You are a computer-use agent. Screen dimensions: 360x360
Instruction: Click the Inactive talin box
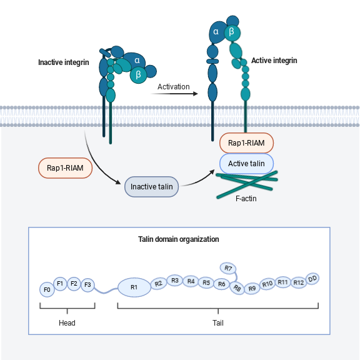click(152, 187)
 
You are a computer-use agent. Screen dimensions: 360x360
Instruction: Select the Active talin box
click(246, 164)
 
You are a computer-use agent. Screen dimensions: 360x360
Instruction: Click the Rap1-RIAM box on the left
click(66, 167)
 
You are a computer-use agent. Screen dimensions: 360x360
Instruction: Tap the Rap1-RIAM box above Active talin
click(246, 143)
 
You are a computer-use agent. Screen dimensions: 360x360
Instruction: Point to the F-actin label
click(246, 199)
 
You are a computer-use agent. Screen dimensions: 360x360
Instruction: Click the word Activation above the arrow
click(174, 86)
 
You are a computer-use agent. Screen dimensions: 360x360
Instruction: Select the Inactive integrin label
click(64, 62)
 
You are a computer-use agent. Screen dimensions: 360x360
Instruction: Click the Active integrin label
click(274, 61)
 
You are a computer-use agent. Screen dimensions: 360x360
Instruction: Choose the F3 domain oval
click(87, 285)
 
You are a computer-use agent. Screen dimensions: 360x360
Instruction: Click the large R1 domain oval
click(134, 287)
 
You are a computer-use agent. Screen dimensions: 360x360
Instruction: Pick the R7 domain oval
click(228, 269)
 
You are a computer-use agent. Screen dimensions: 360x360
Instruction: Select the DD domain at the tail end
click(312, 278)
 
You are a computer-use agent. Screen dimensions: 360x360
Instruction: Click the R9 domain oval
click(252, 288)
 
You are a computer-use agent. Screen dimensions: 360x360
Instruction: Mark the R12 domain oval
click(298, 282)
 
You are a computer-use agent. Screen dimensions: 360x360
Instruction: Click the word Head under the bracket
click(67, 323)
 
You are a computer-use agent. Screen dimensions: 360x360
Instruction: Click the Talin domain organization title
click(178, 239)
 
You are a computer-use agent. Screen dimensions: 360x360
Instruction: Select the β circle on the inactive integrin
click(138, 74)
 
